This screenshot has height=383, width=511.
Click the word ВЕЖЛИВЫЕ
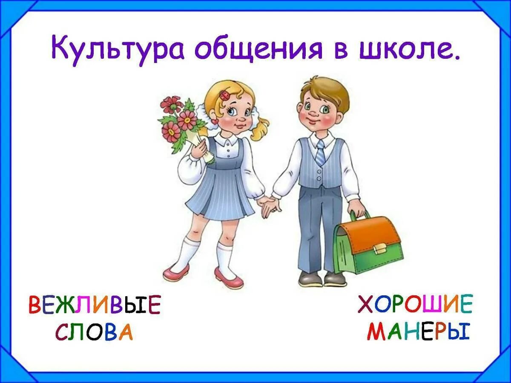[x=95, y=305]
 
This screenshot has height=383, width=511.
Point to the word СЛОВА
[x=94, y=332]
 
